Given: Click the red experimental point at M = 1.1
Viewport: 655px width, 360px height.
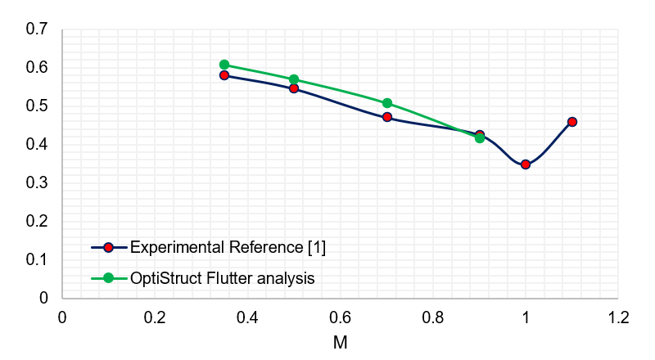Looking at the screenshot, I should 572,122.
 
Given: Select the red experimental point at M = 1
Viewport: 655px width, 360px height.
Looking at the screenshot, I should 526,164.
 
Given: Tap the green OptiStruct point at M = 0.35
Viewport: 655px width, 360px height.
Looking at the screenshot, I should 224,65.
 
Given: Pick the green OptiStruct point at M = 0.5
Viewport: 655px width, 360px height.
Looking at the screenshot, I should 294,79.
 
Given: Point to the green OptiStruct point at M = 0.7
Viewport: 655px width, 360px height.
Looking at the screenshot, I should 387,103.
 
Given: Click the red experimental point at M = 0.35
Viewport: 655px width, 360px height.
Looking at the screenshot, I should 224,75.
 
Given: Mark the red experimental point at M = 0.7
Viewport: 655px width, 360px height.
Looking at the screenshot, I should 387,117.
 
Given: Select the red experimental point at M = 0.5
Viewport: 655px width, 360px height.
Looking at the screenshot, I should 294,88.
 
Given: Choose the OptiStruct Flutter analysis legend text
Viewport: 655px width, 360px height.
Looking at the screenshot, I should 222,278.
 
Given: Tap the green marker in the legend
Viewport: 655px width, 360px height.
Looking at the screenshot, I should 108,278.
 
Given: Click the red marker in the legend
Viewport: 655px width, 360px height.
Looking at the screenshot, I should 108,246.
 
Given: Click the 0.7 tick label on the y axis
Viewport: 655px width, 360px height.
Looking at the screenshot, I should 38,29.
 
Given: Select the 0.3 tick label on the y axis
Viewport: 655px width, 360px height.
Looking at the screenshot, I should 38,182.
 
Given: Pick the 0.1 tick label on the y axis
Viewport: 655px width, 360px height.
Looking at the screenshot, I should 38,259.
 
